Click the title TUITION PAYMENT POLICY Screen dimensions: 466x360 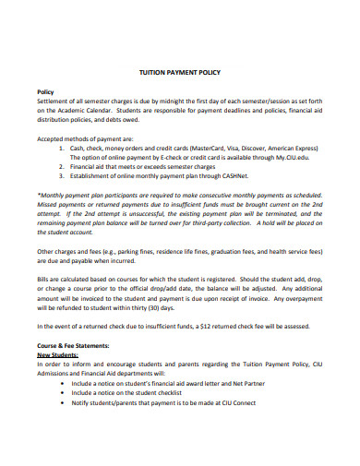coord(180,71)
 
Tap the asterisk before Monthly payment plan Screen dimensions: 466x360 coord(38,194)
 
